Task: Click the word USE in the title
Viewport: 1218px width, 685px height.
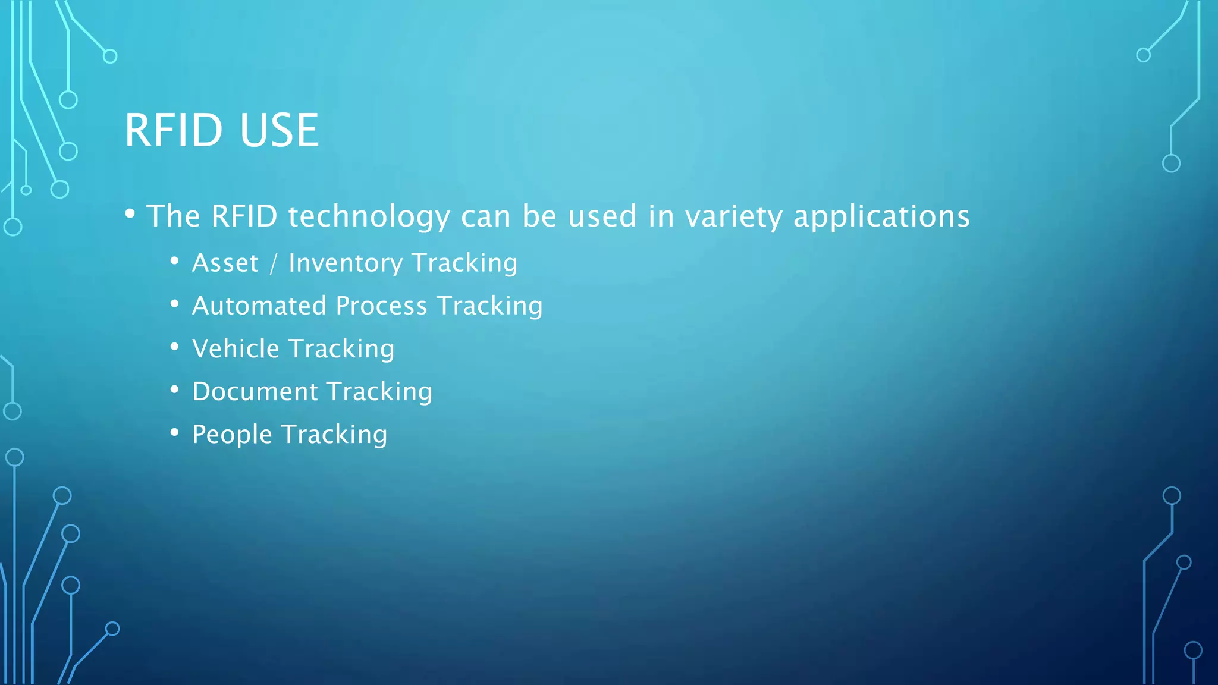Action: [x=279, y=130]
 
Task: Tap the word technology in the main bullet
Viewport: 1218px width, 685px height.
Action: [x=369, y=216]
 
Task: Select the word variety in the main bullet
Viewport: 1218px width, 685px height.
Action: [x=734, y=216]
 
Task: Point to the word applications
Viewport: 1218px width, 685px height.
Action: [x=881, y=216]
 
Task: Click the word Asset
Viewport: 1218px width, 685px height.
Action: [x=225, y=263]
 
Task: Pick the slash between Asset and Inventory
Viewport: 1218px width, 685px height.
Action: [x=274, y=263]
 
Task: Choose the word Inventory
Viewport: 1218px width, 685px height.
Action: [x=346, y=263]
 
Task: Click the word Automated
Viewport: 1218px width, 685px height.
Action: [x=259, y=306]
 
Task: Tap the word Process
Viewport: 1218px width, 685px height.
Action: [x=381, y=306]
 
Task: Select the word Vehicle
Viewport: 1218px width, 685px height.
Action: [x=236, y=348]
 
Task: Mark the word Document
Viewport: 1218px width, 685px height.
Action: [x=255, y=391]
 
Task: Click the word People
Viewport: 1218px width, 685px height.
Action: [x=232, y=435]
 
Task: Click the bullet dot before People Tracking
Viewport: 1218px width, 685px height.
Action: [x=174, y=432]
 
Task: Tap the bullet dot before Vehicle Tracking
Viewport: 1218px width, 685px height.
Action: [x=174, y=347]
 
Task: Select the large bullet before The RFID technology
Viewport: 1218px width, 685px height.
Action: [x=130, y=213]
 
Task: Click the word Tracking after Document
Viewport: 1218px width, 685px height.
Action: [x=379, y=392]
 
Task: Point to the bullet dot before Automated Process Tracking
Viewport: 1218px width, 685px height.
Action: [x=174, y=304]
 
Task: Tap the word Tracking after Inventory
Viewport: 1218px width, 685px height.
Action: [x=464, y=263]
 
